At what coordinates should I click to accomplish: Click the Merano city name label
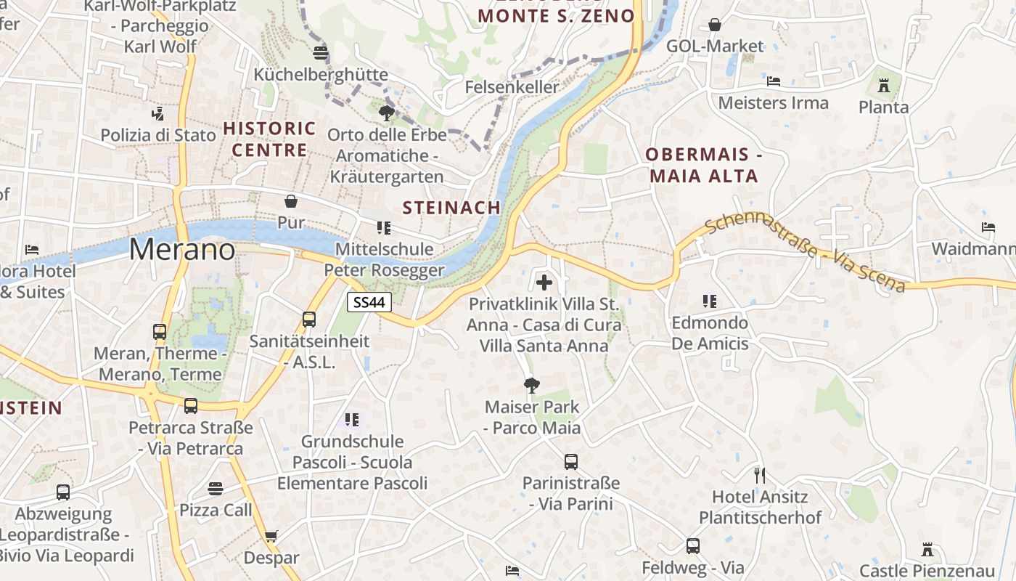coord(182,250)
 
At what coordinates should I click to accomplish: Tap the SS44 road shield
coord(369,301)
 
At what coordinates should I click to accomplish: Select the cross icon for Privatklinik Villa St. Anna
coord(544,283)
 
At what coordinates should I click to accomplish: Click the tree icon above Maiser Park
coord(532,385)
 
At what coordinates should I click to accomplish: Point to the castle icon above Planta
coord(883,86)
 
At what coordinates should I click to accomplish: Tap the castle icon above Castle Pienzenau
coord(926,549)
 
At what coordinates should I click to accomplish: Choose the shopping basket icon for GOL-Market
coord(715,25)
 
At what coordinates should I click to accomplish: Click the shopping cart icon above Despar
coord(271,537)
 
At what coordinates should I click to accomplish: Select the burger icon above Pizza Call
coord(216,488)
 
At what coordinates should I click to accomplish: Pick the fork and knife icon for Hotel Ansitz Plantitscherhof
coord(760,476)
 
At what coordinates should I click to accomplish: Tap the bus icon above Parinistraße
coord(571,461)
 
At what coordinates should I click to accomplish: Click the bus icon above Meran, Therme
coord(160,332)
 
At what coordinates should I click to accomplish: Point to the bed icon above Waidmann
coord(988,227)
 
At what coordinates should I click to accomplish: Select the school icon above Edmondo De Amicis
coord(709,301)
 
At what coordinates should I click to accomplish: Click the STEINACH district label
coord(451,208)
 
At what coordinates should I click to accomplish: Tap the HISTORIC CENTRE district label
coord(269,139)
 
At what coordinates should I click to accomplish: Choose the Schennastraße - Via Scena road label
coord(805,252)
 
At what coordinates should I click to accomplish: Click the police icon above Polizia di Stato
coord(157,113)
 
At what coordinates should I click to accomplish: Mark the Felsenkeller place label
coord(512,87)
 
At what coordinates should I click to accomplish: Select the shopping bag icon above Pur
coord(291,200)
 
